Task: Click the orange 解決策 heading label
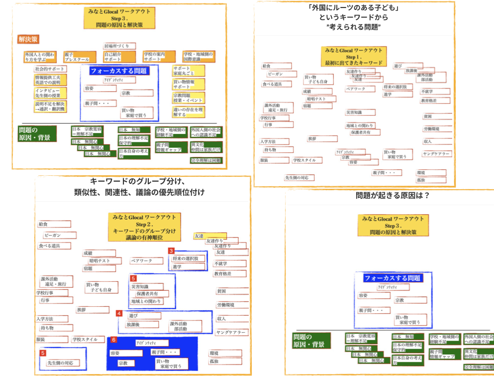(x=28, y=39)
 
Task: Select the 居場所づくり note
(x=119, y=46)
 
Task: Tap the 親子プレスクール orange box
(x=77, y=57)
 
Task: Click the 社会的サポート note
(x=50, y=69)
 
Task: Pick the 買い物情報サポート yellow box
(x=188, y=84)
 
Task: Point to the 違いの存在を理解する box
(x=188, y=112)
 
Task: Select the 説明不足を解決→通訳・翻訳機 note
(x=50, y=106)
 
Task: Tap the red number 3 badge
(x=171, y=252)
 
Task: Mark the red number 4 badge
(x=119, y=313)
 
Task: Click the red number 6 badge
(x=113, y=340)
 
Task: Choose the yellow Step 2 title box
(x=144, y=227)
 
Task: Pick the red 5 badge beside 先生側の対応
(x=43, y=353)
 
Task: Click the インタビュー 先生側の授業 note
(x=50, y=93)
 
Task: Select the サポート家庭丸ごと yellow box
(x=188, y=70)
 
